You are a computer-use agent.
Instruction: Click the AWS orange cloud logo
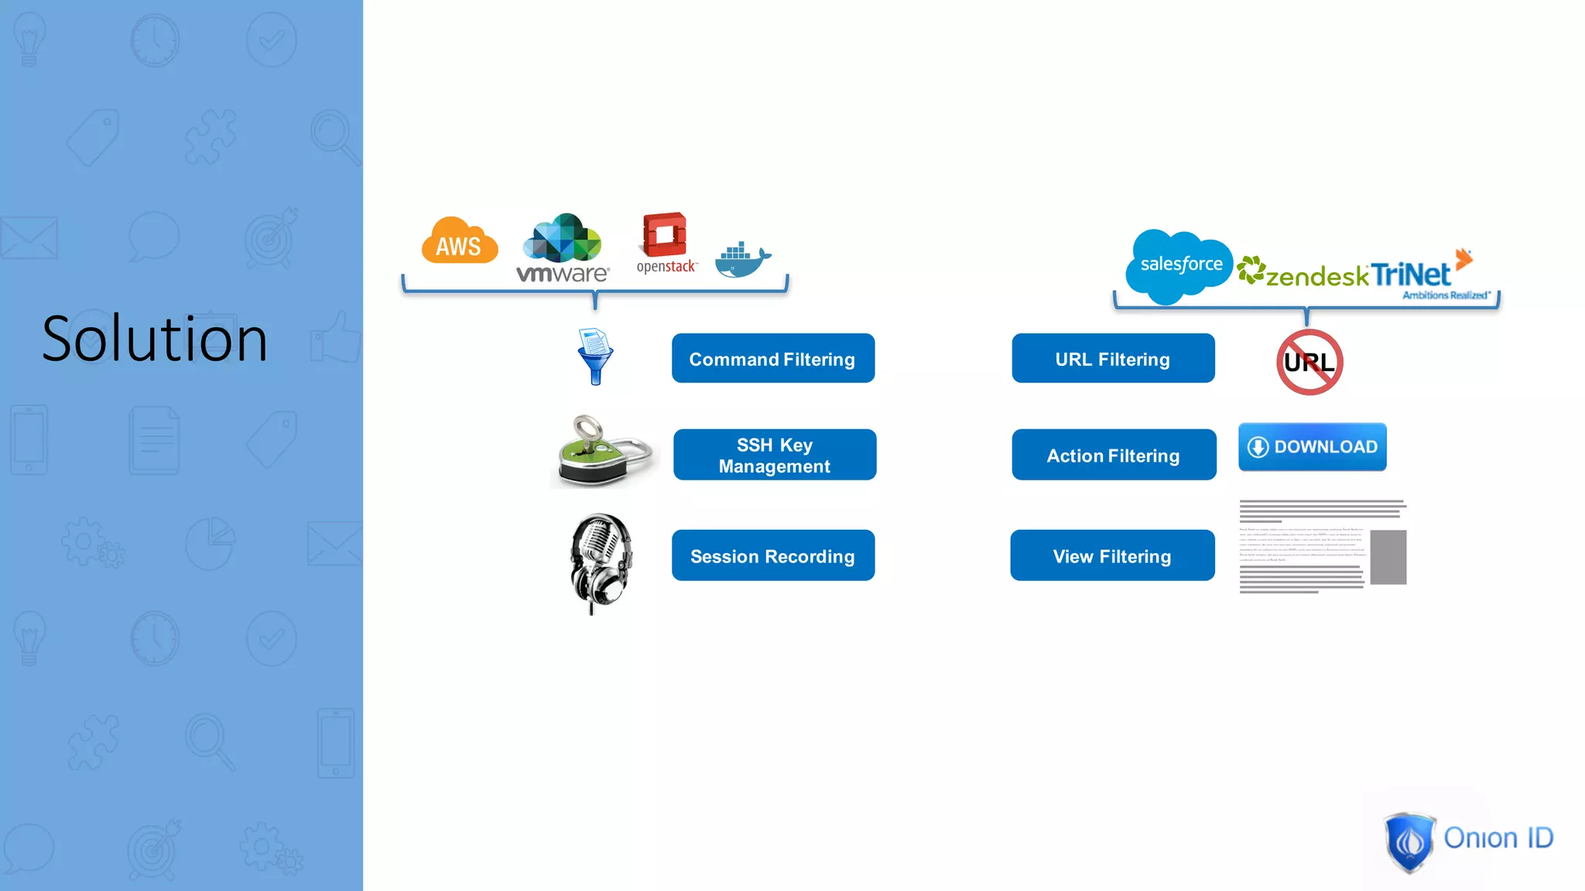tap(460, 241)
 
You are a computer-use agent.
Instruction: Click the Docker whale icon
tap(742, 259)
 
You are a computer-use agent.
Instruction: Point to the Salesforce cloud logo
tap(1179, 265)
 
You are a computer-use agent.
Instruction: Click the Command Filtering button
tap(773, 358)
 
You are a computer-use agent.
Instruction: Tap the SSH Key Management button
tap(775, 455)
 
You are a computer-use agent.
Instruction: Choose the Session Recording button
tap(773, 555)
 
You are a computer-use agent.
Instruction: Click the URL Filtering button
tap(1113, 358)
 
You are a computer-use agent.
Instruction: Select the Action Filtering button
tap(1114, 455)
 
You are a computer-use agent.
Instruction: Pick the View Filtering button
tap(1112, 555)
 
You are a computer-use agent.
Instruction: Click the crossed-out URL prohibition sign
tap(1309, 362)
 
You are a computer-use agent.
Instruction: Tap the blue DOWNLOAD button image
tap(1313, 446)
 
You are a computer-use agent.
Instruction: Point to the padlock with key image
tap(604, 452)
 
